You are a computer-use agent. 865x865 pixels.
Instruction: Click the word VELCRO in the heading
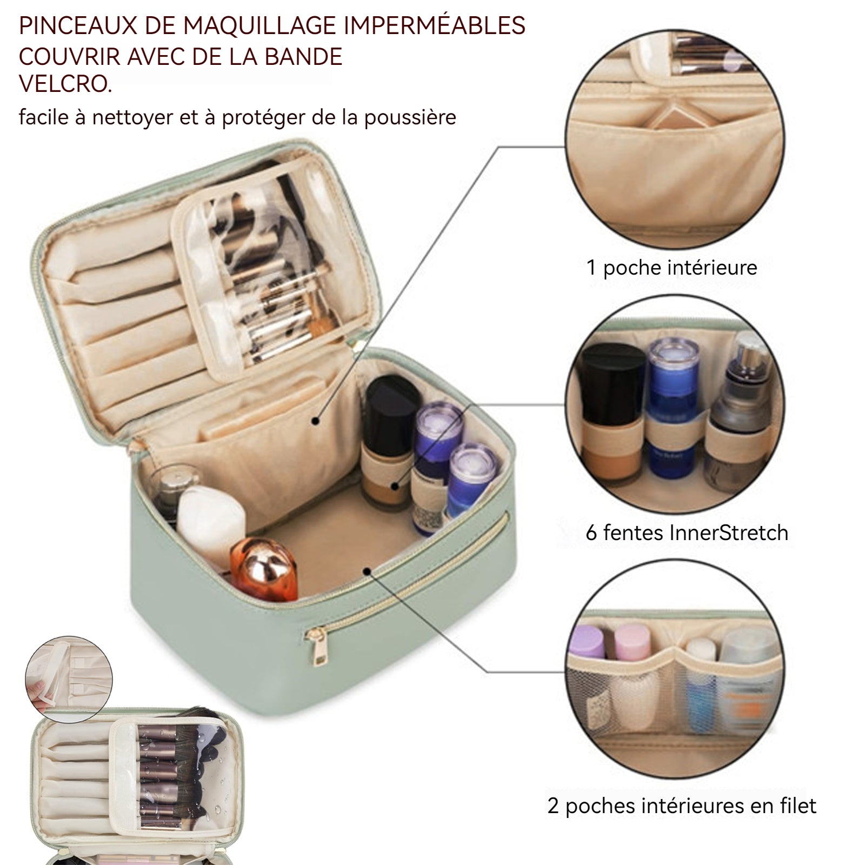pyautogui.click(x=65, y=84)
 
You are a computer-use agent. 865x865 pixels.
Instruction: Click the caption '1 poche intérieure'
pyautogui.click(x=672, y=268)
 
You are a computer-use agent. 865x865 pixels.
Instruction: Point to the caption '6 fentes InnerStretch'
pyautogui.click(x=687, y=533)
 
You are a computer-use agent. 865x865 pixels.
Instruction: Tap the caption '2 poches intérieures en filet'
pyautogui.click(x=682, y=806)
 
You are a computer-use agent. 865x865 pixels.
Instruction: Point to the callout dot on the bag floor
pyautogui.click(x=368, y=570)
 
